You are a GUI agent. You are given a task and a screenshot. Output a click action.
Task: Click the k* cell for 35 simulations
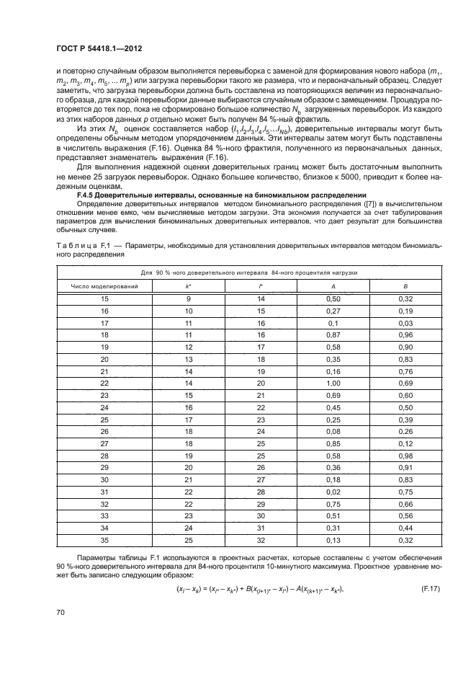pyautogui.click(x=188, y=541)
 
